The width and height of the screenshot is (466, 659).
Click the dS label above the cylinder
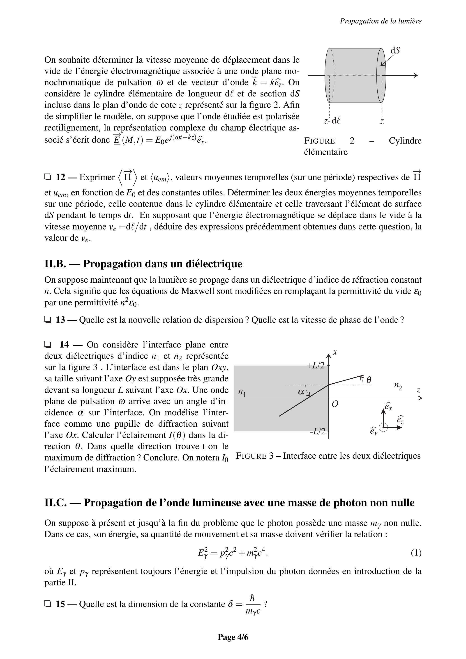tap(395, 50)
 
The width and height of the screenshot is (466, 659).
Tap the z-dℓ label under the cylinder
tap(332, 121)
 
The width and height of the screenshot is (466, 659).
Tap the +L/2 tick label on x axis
tap(316, 365)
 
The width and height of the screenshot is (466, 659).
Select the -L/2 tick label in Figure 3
tap(317, 431)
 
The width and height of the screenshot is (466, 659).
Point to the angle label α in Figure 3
tap(301, 392)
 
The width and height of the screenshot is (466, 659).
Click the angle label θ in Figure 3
tap(369, 380)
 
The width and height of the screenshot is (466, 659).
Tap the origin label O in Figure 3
tap(335, 404)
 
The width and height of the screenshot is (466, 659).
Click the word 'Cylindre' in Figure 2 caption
tap(405, 141)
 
